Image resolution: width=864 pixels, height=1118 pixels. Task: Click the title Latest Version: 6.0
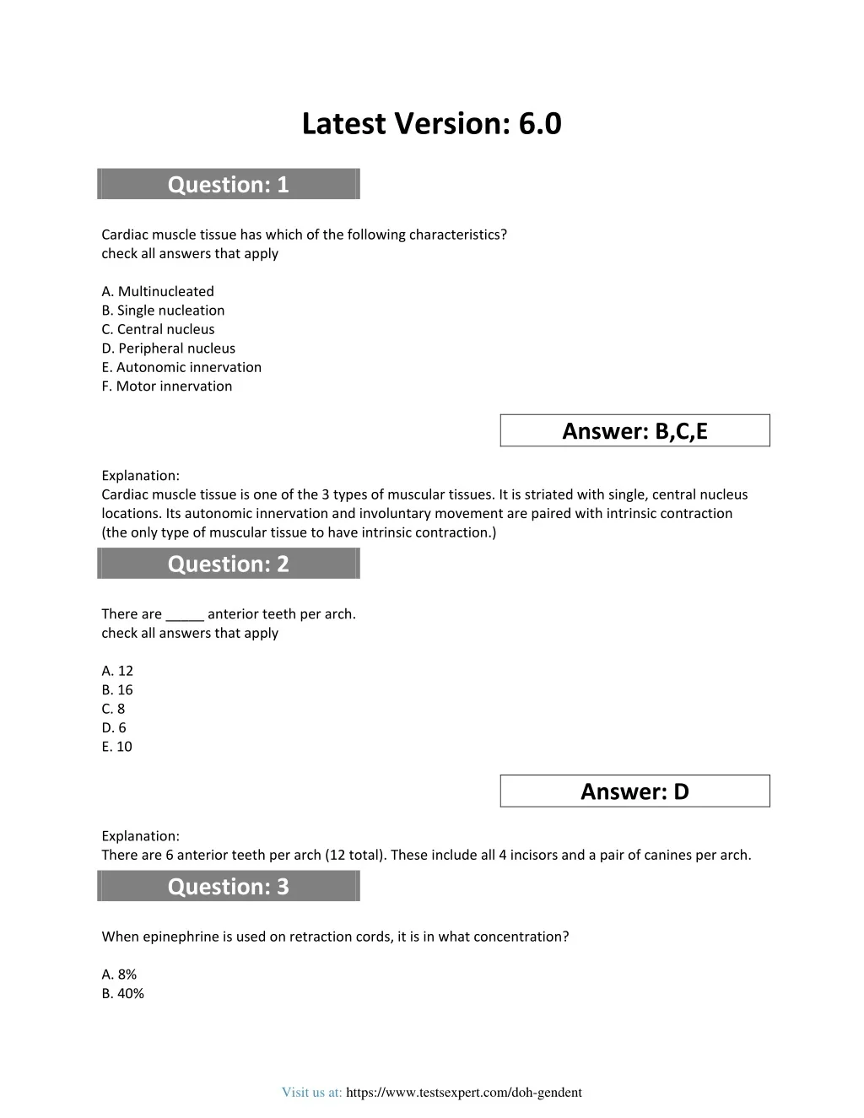point(431,124)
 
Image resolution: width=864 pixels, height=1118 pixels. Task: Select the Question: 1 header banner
point(229,184)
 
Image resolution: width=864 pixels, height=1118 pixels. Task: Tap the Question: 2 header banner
point(229,564)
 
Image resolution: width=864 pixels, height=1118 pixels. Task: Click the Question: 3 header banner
point(229,886)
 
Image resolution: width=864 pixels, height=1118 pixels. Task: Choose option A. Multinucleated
point(158,291)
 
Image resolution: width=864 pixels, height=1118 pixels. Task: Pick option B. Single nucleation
point(163,311)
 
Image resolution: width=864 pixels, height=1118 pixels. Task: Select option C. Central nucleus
point(158,329)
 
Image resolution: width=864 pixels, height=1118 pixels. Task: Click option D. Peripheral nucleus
point(168,348)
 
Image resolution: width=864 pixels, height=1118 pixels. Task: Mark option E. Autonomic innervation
point(181,367)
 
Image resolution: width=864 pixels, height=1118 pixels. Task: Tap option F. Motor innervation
point(166,386)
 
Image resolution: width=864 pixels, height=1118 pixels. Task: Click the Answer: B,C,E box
point(634,431)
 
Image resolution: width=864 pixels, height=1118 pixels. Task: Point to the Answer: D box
point(634,791)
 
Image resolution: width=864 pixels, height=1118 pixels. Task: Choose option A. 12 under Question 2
point(117,671)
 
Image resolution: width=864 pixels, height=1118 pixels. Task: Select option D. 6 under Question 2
point(114,727)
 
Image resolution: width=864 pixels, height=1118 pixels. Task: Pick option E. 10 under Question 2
point(116,747)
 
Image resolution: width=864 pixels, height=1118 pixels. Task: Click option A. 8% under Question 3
point(119,975)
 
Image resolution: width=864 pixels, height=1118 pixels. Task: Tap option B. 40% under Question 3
point(122,994)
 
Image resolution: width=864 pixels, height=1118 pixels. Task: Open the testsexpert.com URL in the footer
point(463,1093)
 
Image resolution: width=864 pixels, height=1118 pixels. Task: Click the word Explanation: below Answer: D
point(140,836)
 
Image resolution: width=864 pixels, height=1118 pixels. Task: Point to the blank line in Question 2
point(185,615)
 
